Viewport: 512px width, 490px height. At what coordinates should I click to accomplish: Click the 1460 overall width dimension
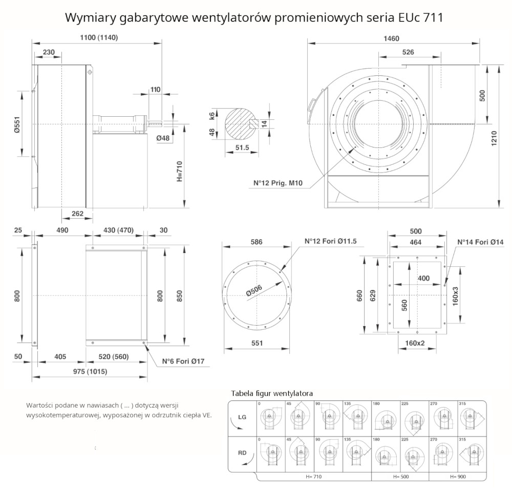tap(392, 39)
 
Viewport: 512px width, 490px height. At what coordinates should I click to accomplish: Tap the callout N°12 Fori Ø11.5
tap(331, 241)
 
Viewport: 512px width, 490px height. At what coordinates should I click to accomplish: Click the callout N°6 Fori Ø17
tap(183, 361)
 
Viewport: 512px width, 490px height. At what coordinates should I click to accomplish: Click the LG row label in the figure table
tap(242, 417)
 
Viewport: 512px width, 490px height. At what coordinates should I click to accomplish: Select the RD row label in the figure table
tap(242, 453)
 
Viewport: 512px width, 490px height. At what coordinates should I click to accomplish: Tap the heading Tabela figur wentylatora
tap(272, 393)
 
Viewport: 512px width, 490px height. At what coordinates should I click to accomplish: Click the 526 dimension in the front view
tap(408, 52)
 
